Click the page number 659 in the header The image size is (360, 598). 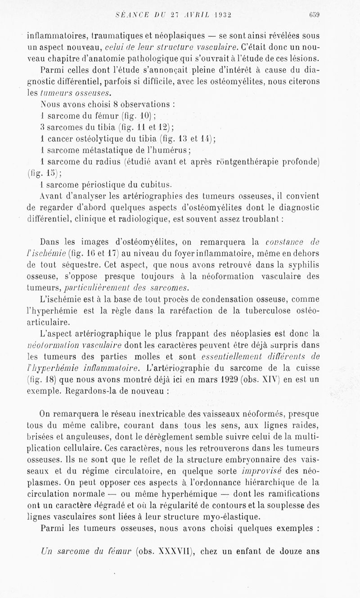[314, 14]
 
